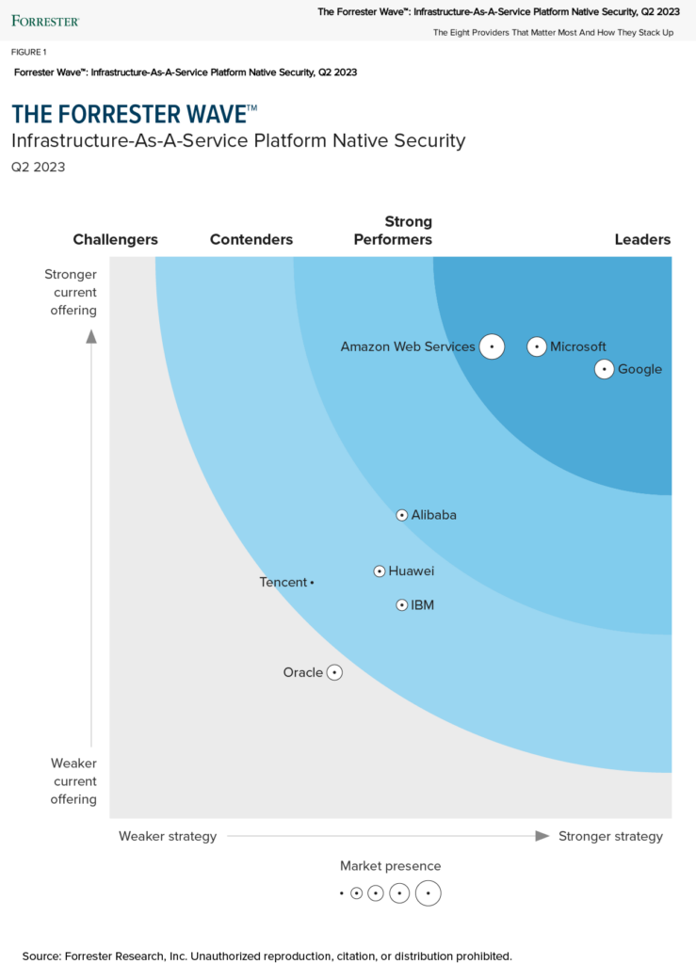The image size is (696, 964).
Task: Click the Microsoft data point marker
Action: coord(536,346)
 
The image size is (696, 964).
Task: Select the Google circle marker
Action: coord(605,369)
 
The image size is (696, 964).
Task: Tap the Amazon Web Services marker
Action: coord(491,346)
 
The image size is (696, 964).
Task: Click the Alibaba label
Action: coord(433,515)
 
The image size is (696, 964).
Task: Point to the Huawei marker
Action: coord(380,570)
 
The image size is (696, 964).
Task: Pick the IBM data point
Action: coord(402,605)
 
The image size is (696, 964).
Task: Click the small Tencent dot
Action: coord(312,583)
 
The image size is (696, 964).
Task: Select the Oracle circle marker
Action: coord(333,672)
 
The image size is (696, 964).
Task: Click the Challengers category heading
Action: coord(115,239)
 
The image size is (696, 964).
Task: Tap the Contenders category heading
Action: coord(251,239)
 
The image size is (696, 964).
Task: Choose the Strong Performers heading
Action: coord(393,231)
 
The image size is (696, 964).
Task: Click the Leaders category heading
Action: coord(642,239)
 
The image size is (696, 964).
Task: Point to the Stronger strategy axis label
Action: coord(610,836)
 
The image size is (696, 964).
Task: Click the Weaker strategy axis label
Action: coord(168,836)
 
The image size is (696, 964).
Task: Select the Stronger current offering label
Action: coord(71,292)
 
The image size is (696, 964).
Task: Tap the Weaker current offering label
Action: coord(73,781)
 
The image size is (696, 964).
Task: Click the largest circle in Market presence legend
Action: coord(428,892)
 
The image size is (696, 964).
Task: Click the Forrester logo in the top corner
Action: coord(45,20)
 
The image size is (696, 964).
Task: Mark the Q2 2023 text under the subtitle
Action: coord(38,168)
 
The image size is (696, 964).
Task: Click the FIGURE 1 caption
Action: coord(28,52)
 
